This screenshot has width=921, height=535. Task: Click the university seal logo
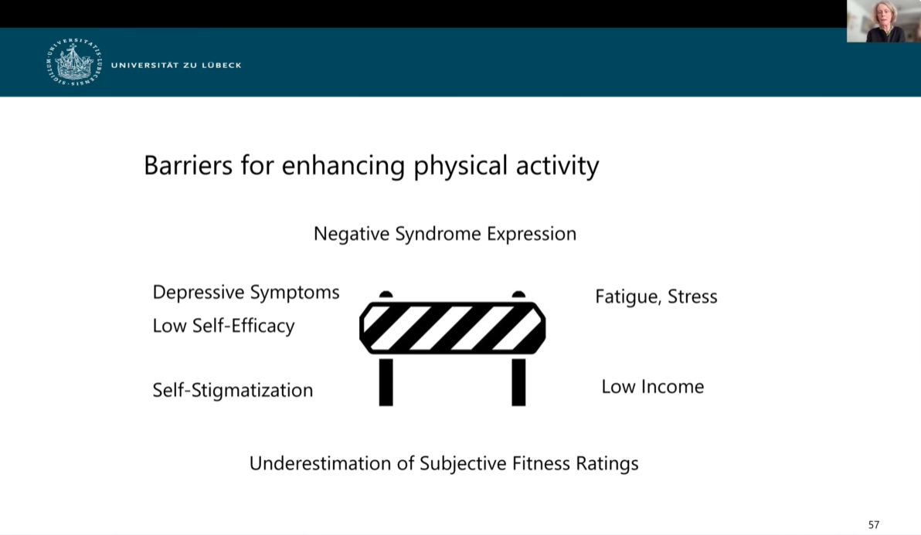(74, 63)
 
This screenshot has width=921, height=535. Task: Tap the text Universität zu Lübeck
(176, 65)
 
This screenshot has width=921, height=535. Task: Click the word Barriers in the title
(188, 165)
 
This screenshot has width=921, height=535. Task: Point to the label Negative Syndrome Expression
(444, 234)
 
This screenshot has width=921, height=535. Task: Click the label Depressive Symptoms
(246, 292)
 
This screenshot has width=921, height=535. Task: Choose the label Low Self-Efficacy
(223, 326)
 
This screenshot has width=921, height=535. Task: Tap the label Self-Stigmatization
(233, 390)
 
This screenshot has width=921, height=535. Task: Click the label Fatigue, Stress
(656, 296)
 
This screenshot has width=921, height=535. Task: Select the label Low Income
(653, 387)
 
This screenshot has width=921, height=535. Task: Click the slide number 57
(874, 524)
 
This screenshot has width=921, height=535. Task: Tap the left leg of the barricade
(386, 382)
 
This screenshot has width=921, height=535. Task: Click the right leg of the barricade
(518, 382)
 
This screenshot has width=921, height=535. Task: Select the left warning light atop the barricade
(386, 294)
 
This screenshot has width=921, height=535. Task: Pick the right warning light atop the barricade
(518, 294)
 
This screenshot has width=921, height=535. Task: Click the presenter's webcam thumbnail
(884, 21)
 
